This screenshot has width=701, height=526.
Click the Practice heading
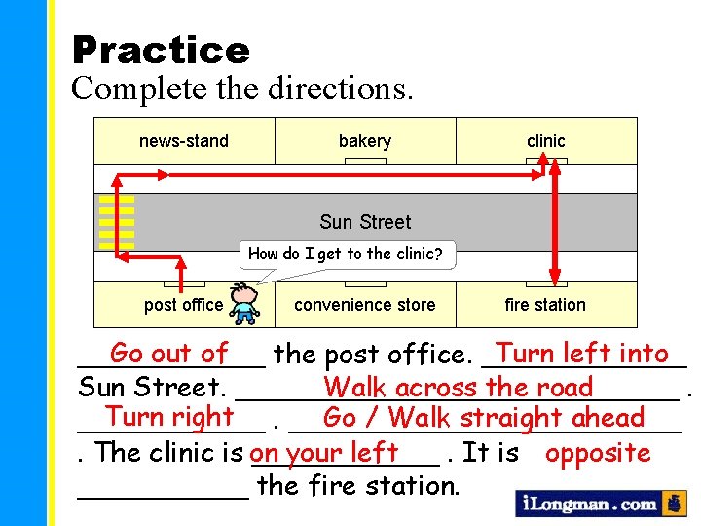[161, 49]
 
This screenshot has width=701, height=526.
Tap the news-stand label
[184, 141]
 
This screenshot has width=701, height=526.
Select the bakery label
[365, 141]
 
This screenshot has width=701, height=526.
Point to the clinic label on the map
[545, 141]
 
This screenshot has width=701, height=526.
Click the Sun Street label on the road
[365, 222]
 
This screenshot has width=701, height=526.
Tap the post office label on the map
[183, 305]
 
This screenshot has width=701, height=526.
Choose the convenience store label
[365, 305]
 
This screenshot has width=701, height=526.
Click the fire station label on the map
[545, 305]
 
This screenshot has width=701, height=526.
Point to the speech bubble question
[346, 254]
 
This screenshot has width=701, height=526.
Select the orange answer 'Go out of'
[169, 354]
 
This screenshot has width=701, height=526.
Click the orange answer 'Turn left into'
[582, 354]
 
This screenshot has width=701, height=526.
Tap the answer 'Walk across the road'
[459, 387]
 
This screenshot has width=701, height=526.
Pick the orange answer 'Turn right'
[169, 417]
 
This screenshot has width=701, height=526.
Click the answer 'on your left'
[324, 453]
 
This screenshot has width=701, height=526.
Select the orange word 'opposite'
[598, 453]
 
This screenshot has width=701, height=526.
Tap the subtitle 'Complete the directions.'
[242, 89]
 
